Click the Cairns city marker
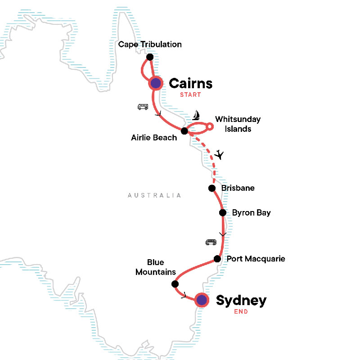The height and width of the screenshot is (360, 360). tap(156, 83)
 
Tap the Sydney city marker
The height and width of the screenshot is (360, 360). tap(202, 300)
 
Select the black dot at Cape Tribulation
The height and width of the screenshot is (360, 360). tap(150, 57)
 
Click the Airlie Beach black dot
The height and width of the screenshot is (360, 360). tap(184, 131)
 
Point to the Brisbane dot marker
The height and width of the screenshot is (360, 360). tap(211, 188)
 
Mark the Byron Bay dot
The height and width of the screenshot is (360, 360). tap(222, 213)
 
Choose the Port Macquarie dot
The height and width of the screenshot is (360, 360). tap(217, 259)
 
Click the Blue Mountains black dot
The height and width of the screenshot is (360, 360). tap(175, 284)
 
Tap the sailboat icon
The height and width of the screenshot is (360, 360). tap(196, 116)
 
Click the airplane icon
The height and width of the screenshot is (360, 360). tap(219, 155)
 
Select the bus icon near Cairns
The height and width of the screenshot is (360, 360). tap(143, 107)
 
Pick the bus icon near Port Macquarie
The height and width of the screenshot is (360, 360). tap(211, 242)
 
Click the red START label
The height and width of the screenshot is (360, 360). tap(190, 95)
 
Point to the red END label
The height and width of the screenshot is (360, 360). tap(240, 311)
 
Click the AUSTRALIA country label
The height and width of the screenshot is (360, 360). tap(154, 195)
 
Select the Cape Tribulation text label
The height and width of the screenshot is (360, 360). tap(150, 45)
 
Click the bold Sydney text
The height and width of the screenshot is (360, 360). tap(241, 300)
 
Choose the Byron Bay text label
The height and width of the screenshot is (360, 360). tap(251, 213)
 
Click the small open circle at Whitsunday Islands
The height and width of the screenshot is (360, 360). tap(210, 128)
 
